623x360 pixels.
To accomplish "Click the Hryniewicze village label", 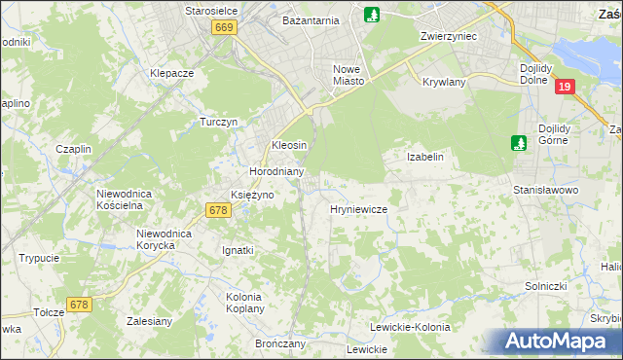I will coord(359,209).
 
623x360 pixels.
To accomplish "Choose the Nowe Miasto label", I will coord(348,75).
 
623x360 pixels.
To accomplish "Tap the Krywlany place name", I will coord(444,83).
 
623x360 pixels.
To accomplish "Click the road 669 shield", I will coord(224,28).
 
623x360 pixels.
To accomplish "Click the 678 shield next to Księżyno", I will coord(218,209).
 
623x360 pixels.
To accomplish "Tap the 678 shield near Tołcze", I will coord(79,305).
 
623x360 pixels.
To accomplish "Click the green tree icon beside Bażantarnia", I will coord(371,15).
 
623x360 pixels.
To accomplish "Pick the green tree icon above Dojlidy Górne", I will coord(519,143).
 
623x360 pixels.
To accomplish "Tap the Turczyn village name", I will coord(219,123).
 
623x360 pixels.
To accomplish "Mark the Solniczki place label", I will coord(573,286).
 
